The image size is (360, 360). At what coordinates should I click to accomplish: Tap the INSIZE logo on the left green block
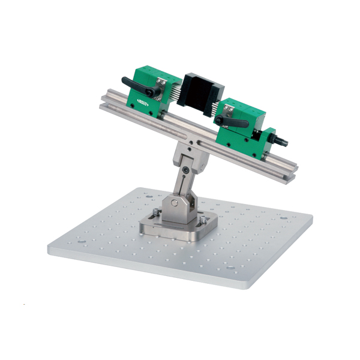point(143,103)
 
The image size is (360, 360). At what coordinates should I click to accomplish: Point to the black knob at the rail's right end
point(283,142)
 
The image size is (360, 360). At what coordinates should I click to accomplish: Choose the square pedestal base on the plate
point(174,226)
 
